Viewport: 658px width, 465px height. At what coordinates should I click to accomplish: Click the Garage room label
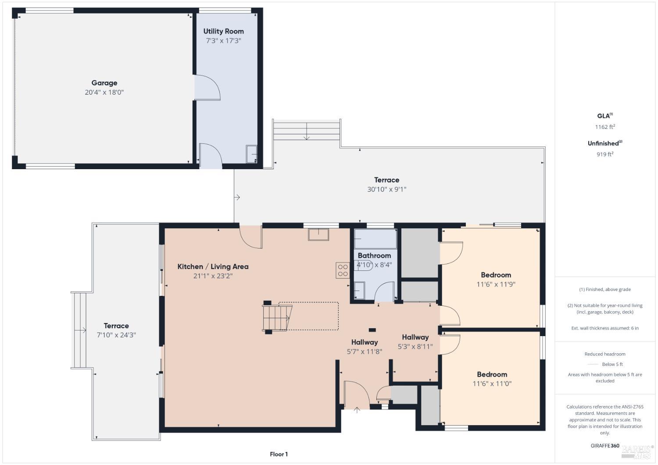pyautogui.click(x=104, y=83)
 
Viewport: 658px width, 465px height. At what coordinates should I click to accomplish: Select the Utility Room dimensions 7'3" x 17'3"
pyautogui.click(x=223, y=41)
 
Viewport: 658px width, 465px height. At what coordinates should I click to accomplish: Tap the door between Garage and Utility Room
pyautogui.click(x=207, y=87)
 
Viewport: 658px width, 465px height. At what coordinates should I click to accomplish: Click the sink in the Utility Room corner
pyautogui.click(x=252, y=154)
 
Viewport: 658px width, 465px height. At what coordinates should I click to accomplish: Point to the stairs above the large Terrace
pyautogui.click(x=307, y=130)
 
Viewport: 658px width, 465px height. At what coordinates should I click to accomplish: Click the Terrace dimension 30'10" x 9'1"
pyautogui.click(x=386, y=189)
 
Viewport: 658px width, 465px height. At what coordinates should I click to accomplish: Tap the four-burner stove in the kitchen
pyautogui.click(x=343, y=270)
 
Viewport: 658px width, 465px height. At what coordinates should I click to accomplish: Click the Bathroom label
pyautogui.click(x=374, y=256)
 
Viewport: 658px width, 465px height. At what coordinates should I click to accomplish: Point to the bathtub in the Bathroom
pyautogui.click(x=375, y=239)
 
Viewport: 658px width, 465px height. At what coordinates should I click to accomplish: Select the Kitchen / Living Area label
pyautogui.click(x=213, y=266)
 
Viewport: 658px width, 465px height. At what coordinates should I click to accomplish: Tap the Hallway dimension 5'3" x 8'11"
pyautogui.click(x=415, y=347)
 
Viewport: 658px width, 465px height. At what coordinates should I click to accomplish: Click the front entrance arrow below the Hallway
pyautogui.click(x=357, y=411)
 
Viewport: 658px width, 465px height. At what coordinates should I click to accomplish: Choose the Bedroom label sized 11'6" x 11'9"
pyautogui.click(x=496, y=275)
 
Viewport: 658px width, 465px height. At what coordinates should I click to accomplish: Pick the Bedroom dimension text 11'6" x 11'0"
pyautogui.click(x=492, y=384)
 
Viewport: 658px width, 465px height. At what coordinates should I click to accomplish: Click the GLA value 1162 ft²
pyautogui.click(x=604, y=127)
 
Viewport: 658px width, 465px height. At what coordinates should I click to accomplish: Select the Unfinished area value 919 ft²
pyautogui.click(x=604, y=154)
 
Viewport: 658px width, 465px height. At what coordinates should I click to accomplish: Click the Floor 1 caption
pyautogui.click(x=279, y=454)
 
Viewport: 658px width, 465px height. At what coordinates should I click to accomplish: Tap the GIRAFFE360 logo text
pyautogui.click(x=605, y=446)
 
